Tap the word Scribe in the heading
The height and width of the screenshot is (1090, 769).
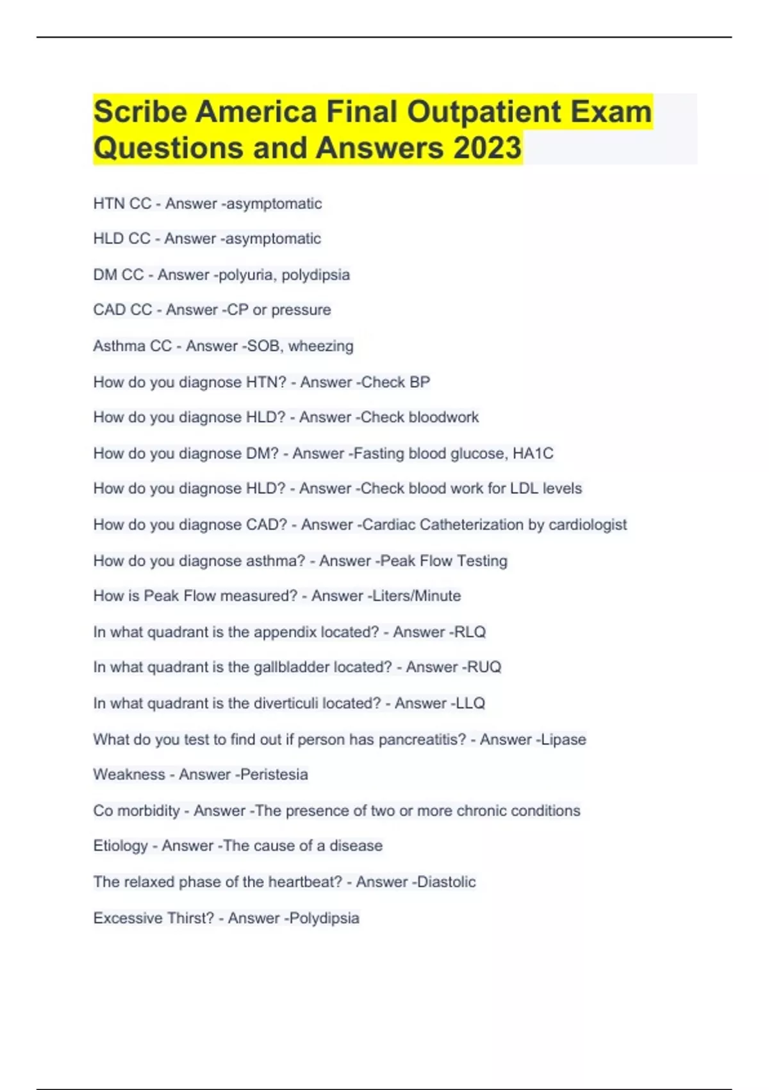140,112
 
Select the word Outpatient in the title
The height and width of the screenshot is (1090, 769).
484,112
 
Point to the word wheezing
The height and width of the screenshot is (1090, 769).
320,346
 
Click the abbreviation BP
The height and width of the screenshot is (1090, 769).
419,382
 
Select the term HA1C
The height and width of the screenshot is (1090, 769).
533,453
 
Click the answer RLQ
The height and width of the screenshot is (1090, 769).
470,632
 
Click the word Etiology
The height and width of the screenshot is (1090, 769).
120,846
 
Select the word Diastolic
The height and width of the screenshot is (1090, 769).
446,882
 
